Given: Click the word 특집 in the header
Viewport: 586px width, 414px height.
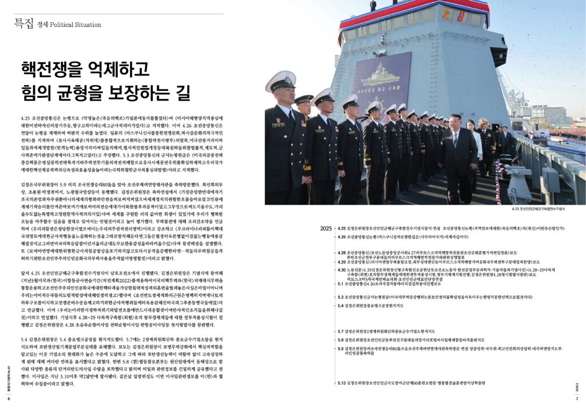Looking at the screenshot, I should (23, 23).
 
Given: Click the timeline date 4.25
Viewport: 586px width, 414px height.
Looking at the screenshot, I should (342, 228).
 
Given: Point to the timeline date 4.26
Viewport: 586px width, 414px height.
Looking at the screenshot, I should (342, 236).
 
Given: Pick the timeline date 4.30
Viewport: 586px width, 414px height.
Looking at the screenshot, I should (342, 269).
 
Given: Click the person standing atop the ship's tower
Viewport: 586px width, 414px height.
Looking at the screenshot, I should (373, 5).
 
